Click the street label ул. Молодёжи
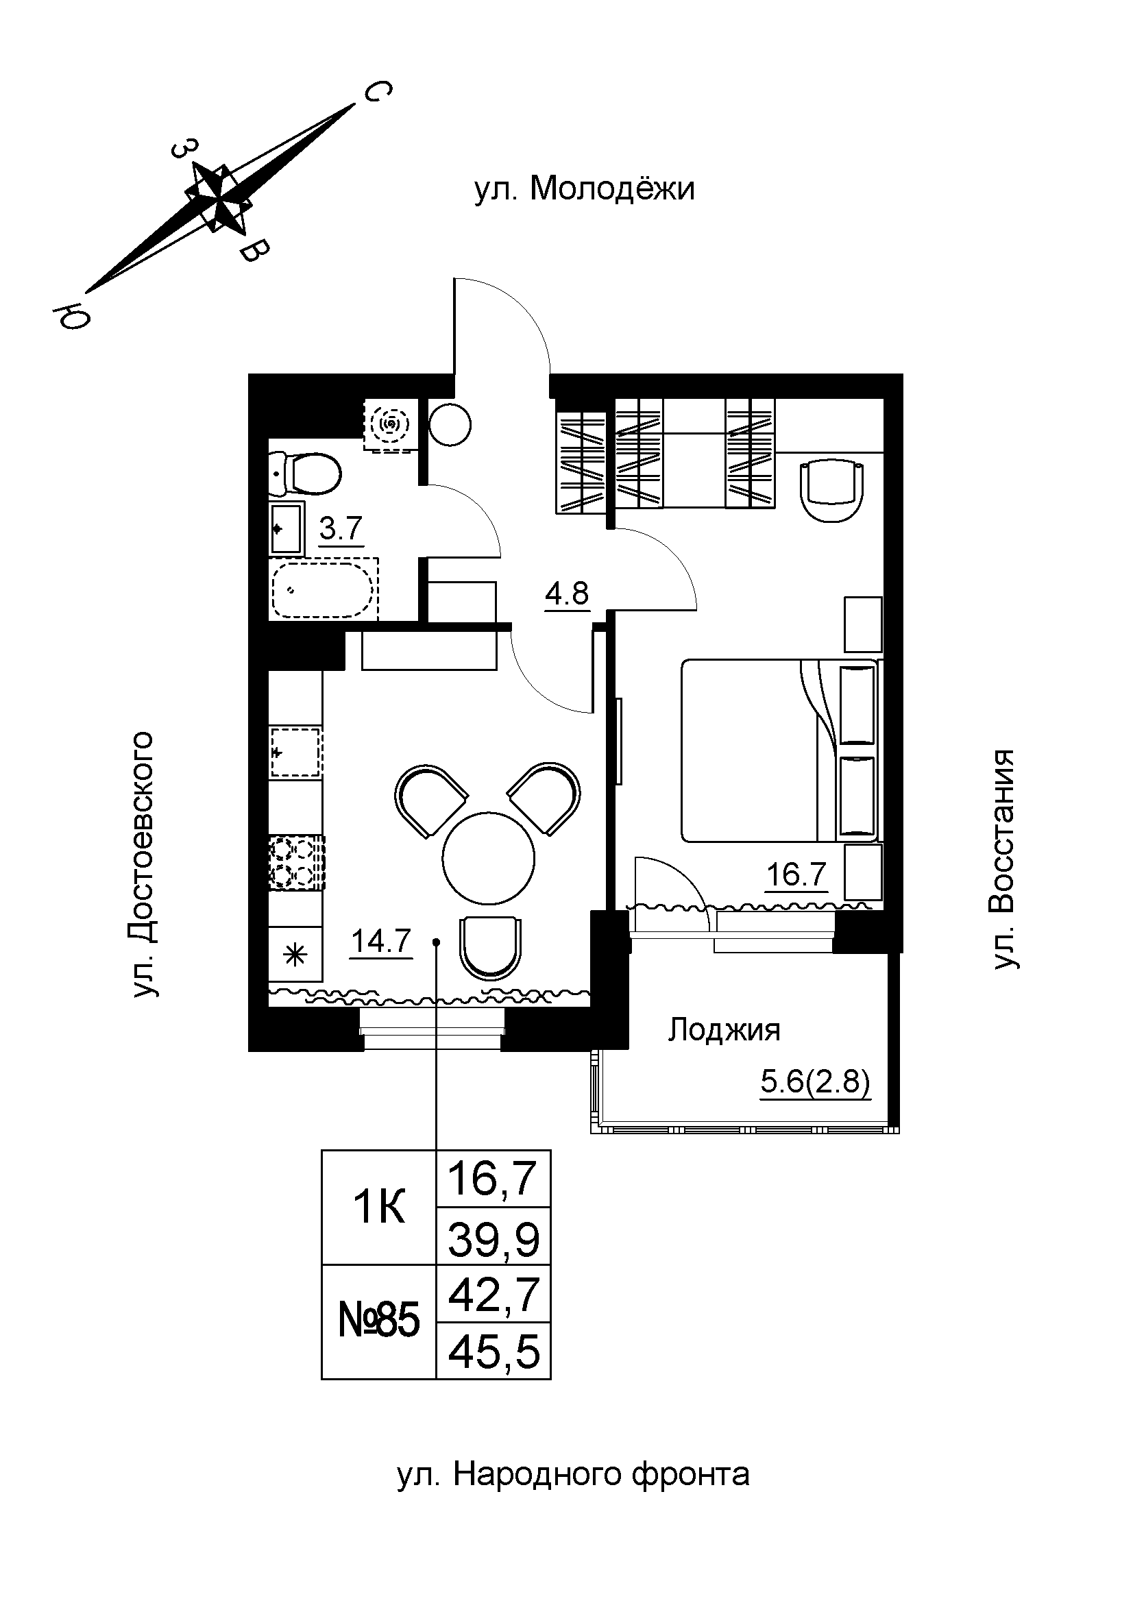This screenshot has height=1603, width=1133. click(x=584, y=189)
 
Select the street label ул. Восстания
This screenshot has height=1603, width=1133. click(x=1004, y=859)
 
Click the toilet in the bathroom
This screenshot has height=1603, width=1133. click(x=304, y=473)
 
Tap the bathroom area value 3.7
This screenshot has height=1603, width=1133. click(x=341, y=529)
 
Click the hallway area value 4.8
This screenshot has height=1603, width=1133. click(x=567, y=594)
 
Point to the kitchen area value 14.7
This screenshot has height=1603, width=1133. click(x=381, y=942)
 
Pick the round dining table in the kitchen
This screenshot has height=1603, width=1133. click(x=488, y=858)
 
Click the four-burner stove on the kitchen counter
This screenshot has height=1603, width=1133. click(x=297, y=862)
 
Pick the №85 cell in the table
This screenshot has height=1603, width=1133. click(x=378, y=1322)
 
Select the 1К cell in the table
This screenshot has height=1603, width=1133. click(x=378, y=1208)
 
